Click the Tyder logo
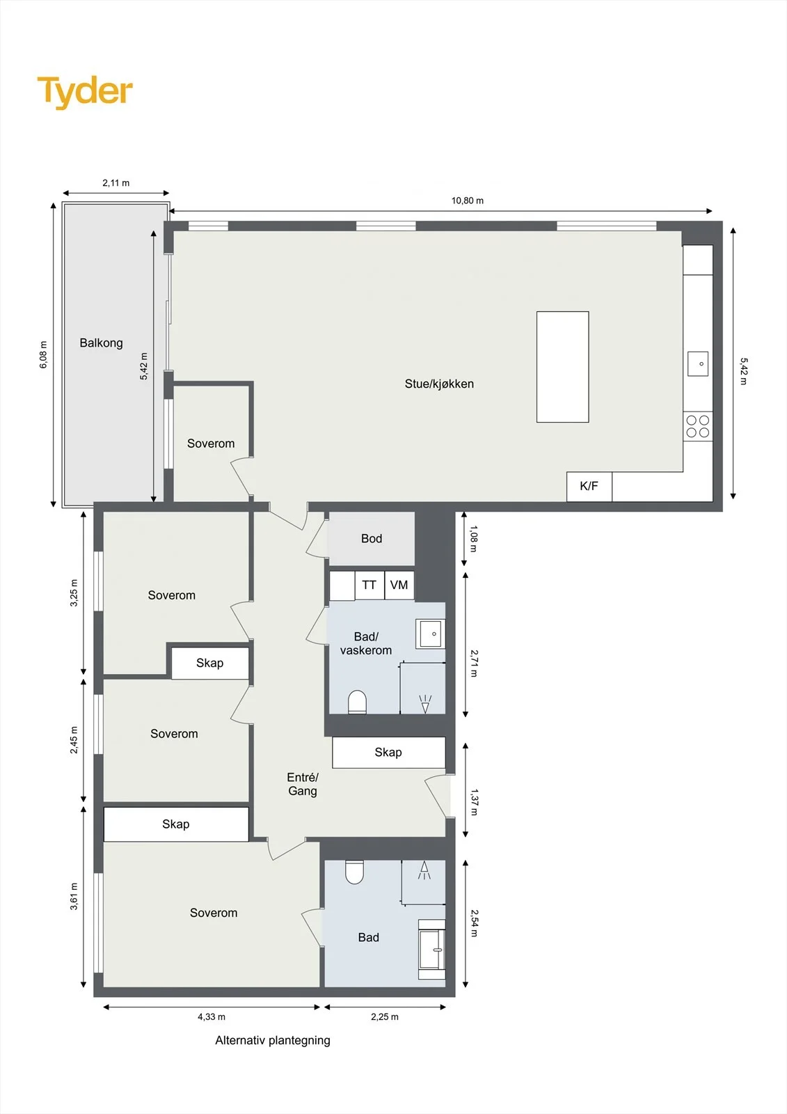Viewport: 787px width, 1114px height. pos(85,93)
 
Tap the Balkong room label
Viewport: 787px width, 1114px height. pos(101,343)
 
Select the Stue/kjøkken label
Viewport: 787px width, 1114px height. pos(439,384)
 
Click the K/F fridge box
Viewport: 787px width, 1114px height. pos(589,486)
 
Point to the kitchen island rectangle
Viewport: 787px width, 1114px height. pos(563,367)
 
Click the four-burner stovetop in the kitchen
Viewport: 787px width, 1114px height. pos(697,427)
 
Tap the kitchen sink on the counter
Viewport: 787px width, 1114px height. pos(697,363)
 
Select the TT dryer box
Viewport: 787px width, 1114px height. pos(369,586)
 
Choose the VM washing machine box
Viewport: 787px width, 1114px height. pos(399,586)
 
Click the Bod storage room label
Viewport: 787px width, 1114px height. pos(372,539)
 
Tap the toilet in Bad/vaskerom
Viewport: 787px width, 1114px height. pos(357,702)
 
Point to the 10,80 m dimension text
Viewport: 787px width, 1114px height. pos(468,201)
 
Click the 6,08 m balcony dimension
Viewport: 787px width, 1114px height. pos(44,354)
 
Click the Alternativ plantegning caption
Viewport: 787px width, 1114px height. pos(273,1040)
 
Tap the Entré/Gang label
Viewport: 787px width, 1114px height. pos(302,784)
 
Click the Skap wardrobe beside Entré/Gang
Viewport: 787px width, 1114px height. pos(389,753)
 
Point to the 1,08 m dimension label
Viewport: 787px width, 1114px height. pos(473,539)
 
